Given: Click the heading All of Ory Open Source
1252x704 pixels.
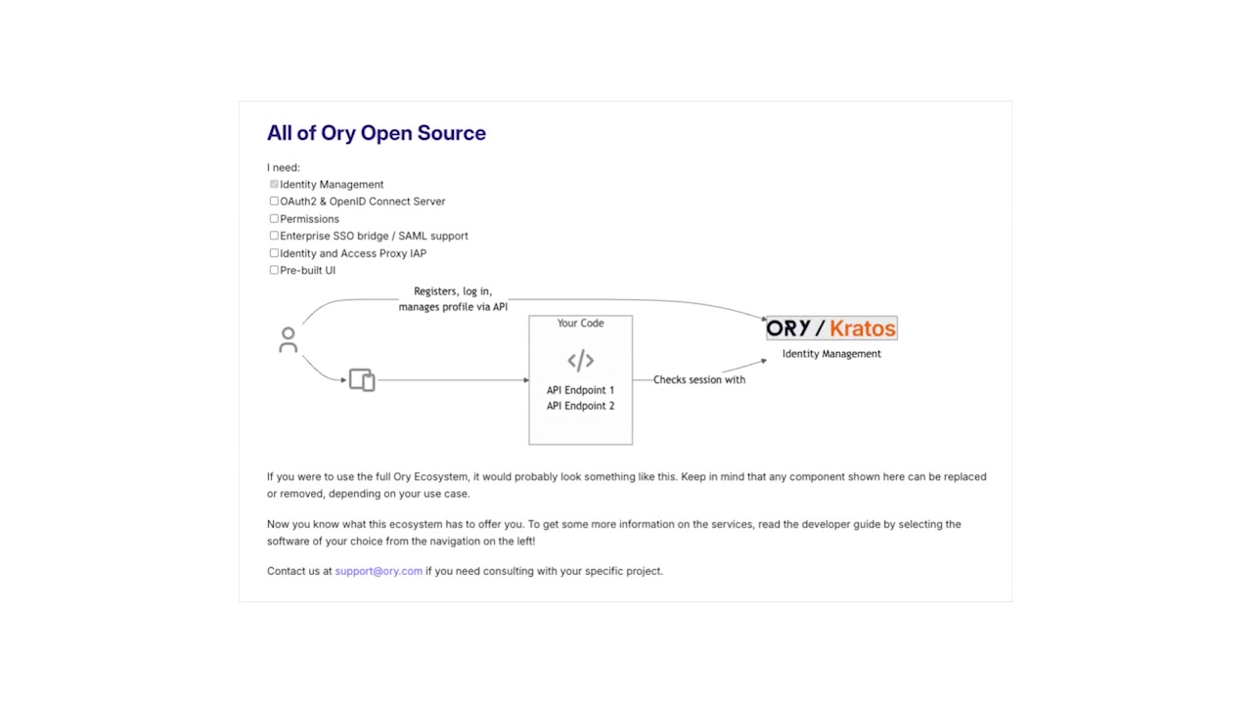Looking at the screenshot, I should pos(376,133).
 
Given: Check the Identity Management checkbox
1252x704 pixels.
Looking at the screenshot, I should pos(274,184).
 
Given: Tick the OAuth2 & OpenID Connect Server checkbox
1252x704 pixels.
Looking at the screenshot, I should pos(274,201).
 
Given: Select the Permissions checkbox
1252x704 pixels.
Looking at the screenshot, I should pos(274,219).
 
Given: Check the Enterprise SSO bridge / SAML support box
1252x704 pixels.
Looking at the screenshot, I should pos(274,236).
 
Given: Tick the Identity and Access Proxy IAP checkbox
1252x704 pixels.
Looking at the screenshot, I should pos(274,253).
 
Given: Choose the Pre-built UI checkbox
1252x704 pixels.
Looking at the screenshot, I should pos(274,270).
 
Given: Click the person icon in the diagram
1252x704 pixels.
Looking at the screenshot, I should pos(288,339).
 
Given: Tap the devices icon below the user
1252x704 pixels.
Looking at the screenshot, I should pos(362,379).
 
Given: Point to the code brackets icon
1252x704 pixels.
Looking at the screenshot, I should pos(580,360).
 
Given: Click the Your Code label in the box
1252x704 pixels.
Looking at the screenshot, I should pos(580,324).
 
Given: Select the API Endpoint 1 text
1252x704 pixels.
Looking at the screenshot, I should pos(580,390).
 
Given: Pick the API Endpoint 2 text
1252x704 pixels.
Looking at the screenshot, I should pos(580,406).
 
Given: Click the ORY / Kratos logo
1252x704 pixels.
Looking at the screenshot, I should pos(831,329).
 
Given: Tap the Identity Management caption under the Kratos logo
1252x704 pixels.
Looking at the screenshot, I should pos(831,354).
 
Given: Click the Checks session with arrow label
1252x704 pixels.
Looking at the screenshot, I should pos(698,379).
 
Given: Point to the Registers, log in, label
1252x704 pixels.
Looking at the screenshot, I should pos(453,291).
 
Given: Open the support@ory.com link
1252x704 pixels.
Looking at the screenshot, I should pos(379,571).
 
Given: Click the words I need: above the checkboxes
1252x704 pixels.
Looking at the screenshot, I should pos(284,167).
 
